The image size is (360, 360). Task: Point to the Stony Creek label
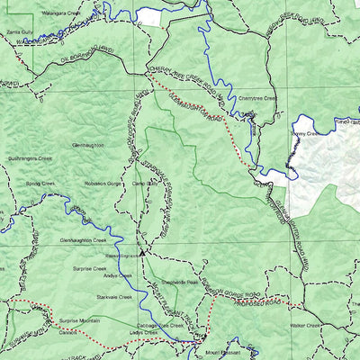[x=305, y=133]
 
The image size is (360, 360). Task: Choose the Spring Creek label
[x=40, y=183]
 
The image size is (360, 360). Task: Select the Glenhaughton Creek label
[x=83, y=240]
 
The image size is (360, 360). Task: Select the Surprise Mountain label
[x=79, y=320]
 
